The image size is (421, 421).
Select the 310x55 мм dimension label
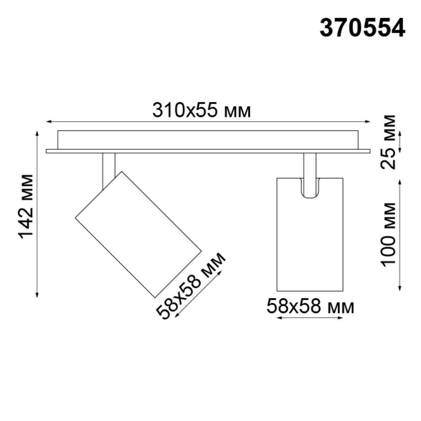point(201,111)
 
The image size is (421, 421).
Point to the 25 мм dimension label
point(388,142)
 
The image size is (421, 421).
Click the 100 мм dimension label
point(388,234)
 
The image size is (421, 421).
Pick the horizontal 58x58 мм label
point(310,307)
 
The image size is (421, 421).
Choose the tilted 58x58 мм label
point(190,285)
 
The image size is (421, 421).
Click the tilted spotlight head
point(138,234)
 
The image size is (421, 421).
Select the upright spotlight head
point(310,243)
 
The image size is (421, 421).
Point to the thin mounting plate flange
point(208,151)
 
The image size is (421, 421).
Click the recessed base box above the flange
point(208,140)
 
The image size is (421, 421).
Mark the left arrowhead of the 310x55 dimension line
point(48,122)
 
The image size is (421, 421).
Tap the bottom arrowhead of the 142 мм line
point(37,295)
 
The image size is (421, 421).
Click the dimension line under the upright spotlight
point(310,318)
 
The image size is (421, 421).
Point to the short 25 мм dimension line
point(400,142)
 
